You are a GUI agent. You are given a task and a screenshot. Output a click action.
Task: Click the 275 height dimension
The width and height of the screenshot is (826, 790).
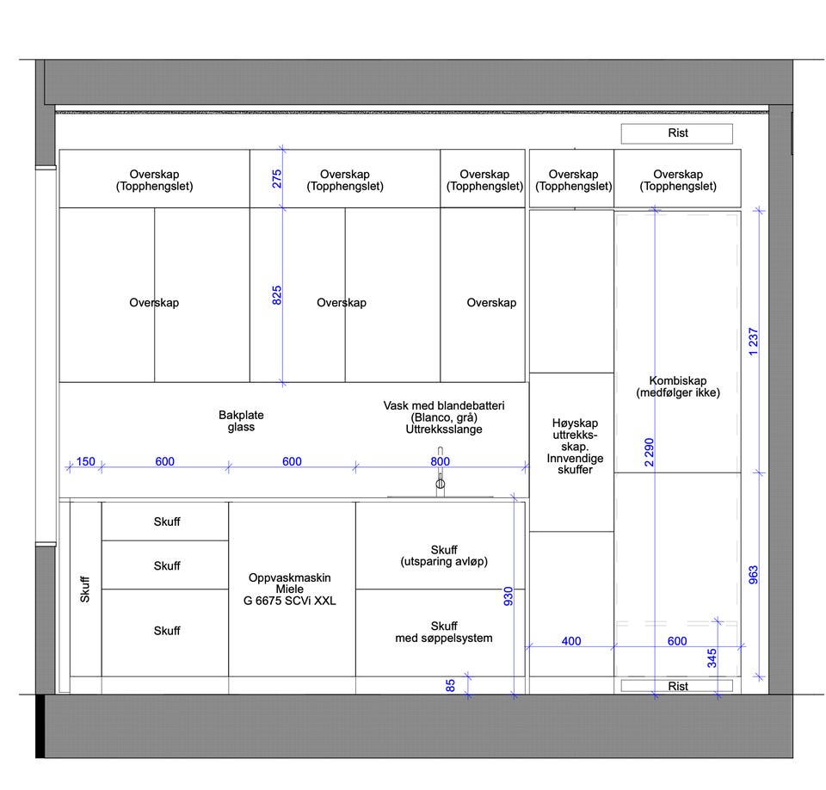pos(276,179)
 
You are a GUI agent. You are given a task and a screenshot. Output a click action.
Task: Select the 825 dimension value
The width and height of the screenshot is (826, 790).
pos(276,295)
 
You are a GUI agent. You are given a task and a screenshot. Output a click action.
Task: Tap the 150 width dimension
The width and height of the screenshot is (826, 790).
pos(85,461)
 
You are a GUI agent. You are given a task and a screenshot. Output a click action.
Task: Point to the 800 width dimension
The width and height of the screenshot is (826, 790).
pos(440,461)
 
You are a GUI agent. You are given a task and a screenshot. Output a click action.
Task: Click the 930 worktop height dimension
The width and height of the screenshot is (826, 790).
pos(508,596)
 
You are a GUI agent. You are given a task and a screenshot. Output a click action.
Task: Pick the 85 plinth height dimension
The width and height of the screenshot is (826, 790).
pos(450,685)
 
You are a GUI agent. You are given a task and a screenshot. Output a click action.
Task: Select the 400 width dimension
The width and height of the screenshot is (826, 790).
pos(571,641)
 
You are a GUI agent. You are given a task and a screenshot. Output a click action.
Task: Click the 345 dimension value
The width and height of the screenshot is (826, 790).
pos(712,658)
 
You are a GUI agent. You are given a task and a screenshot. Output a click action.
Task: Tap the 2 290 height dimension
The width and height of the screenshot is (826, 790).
pos(649,452)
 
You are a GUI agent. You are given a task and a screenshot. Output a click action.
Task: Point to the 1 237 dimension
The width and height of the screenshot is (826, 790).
pos(754,342)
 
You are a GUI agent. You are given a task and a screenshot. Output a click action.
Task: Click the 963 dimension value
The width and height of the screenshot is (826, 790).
pos(754,575)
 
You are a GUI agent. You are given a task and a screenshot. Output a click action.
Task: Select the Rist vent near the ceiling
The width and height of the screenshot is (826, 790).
pos(677,133)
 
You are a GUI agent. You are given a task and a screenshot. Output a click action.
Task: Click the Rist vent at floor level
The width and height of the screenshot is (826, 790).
pos(677,686)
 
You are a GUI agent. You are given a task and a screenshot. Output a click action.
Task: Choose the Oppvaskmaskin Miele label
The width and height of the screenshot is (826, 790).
pos(289,589)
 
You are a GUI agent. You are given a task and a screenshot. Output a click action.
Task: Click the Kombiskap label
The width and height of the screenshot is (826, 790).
pos(677,386)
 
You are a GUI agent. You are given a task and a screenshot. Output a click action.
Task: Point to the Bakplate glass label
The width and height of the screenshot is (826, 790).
pos(241,421)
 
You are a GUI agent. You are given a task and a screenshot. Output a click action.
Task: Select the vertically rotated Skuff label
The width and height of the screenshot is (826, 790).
pos(85,589)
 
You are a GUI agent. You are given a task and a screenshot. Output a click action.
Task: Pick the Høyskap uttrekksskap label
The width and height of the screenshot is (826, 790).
pos(575,446)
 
